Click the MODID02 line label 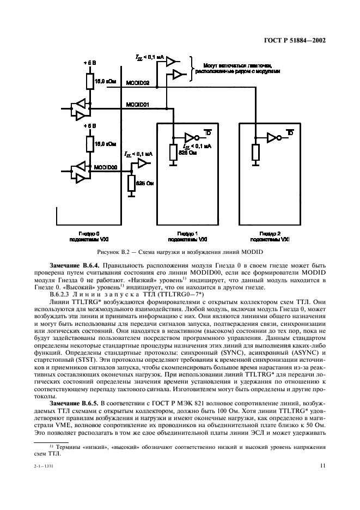137,83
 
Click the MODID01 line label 137,104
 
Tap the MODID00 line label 106,168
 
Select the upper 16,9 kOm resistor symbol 90,82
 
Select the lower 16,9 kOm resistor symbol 90,145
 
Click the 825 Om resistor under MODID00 131,183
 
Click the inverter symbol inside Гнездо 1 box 190,138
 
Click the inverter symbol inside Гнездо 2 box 271,138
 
